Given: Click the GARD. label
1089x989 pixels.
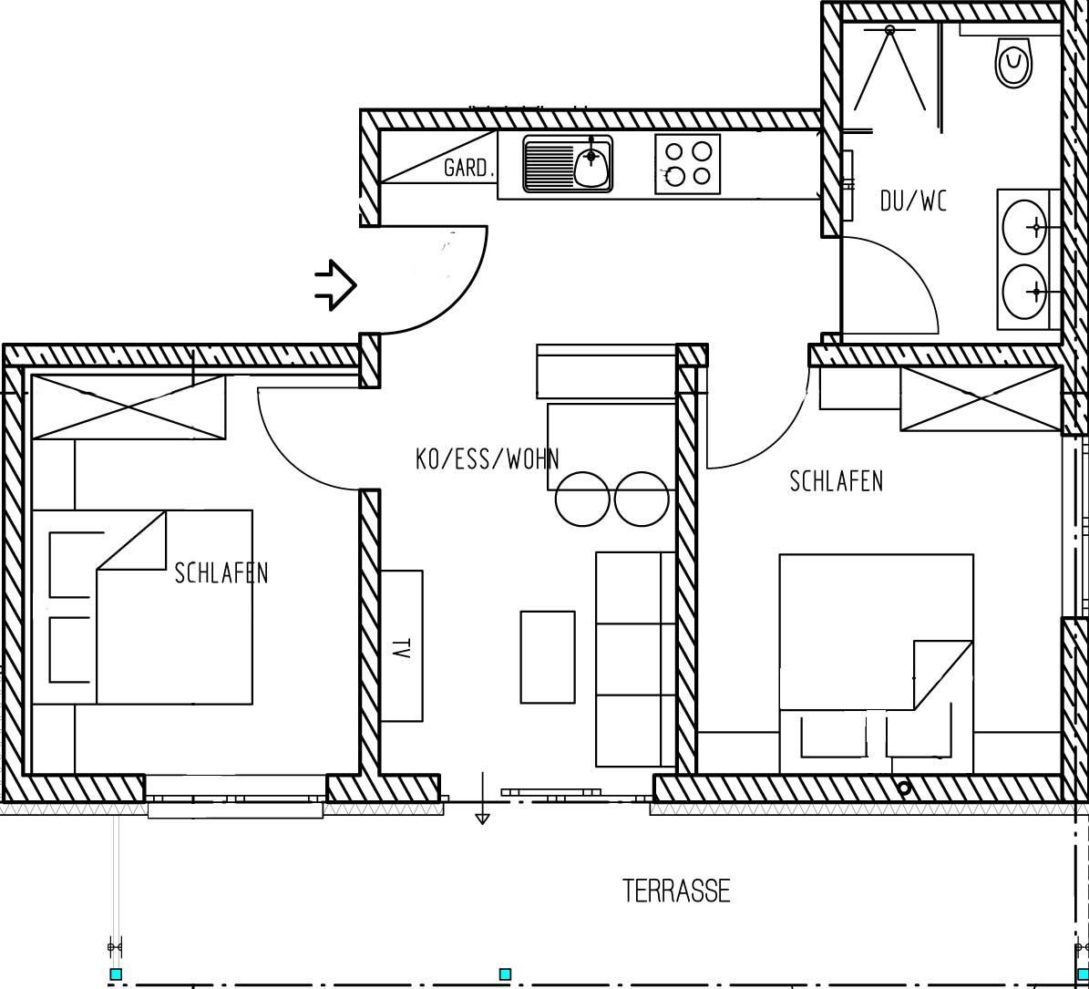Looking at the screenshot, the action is [468, 168].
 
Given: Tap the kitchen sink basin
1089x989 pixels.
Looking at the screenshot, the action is [591, 165].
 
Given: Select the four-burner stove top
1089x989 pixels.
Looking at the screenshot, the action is [687, 164].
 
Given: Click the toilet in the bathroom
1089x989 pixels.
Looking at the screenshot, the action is [1013, 63].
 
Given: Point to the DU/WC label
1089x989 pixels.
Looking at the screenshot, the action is [913, 201].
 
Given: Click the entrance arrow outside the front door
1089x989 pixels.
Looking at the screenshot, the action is [335, 284].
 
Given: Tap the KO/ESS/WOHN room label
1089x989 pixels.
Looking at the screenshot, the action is [487, 459].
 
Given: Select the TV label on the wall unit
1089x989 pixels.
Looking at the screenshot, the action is [399, 649].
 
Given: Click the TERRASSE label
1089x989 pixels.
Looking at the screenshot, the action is [676, 891].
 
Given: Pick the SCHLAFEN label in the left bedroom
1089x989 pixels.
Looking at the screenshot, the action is [221, 573].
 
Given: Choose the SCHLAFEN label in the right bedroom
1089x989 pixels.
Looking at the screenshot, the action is [837, 480].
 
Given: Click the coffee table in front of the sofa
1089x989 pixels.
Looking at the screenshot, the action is [548, 657].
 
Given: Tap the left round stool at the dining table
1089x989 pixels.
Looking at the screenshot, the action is [582, 499].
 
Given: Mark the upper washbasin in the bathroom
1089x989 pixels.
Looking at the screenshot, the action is [1025, 227].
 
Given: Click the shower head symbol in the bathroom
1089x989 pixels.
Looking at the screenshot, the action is [889, 29].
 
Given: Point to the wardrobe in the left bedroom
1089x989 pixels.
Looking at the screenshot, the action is [129, 407].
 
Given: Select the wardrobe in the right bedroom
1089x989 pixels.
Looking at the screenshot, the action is [981, 398].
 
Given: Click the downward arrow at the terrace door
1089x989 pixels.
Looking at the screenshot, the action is [482, 798].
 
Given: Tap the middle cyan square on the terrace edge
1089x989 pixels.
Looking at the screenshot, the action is [505, 974].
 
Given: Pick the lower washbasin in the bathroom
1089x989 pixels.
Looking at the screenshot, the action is [1025, 292].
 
